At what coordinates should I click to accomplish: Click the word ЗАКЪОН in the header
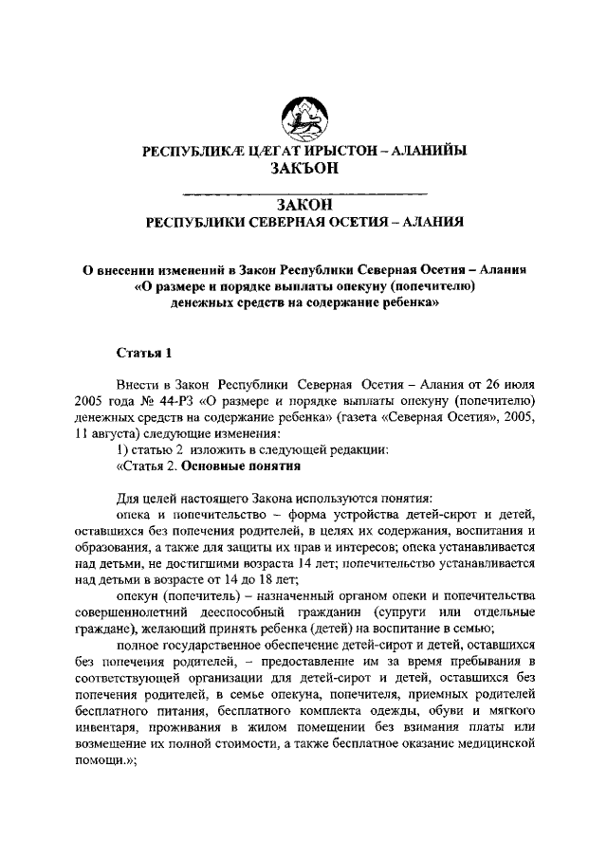[x=303, y=168]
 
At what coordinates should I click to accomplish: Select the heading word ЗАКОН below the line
[x=303, y=205]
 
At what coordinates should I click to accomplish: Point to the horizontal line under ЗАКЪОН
[x=303, y=193]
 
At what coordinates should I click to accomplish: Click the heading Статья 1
[x=143, y=354]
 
